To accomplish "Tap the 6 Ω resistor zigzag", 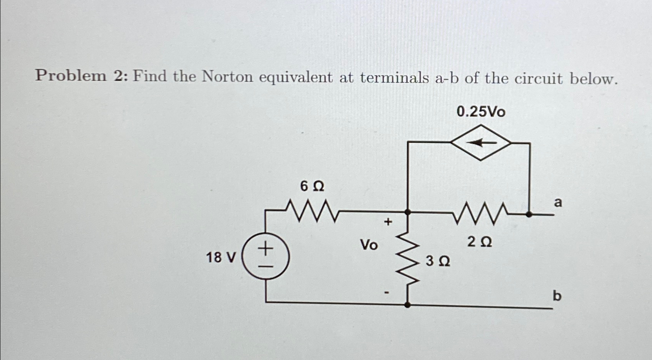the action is (x=313, y=211).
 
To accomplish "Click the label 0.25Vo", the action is (x=481, y=112).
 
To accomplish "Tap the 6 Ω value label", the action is (x=312, y=187).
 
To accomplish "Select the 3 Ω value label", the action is (x=438, y=262).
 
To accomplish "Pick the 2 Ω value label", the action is (x=480, y=242).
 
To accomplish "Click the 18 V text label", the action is (x=220, y=257).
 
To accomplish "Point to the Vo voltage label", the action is (x=369, y=245).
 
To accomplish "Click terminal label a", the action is (x=558, y=202).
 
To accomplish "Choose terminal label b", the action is (x=557, y=296).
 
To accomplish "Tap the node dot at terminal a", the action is (x=529, y=213).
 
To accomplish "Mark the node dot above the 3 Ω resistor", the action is (x=408, y=212).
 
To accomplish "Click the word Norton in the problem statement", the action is (x=227, y=77).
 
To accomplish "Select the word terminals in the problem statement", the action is (x=394, y=78).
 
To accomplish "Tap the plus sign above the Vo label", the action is (x=387, y=222).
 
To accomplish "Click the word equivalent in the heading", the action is (x=295, y=78).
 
